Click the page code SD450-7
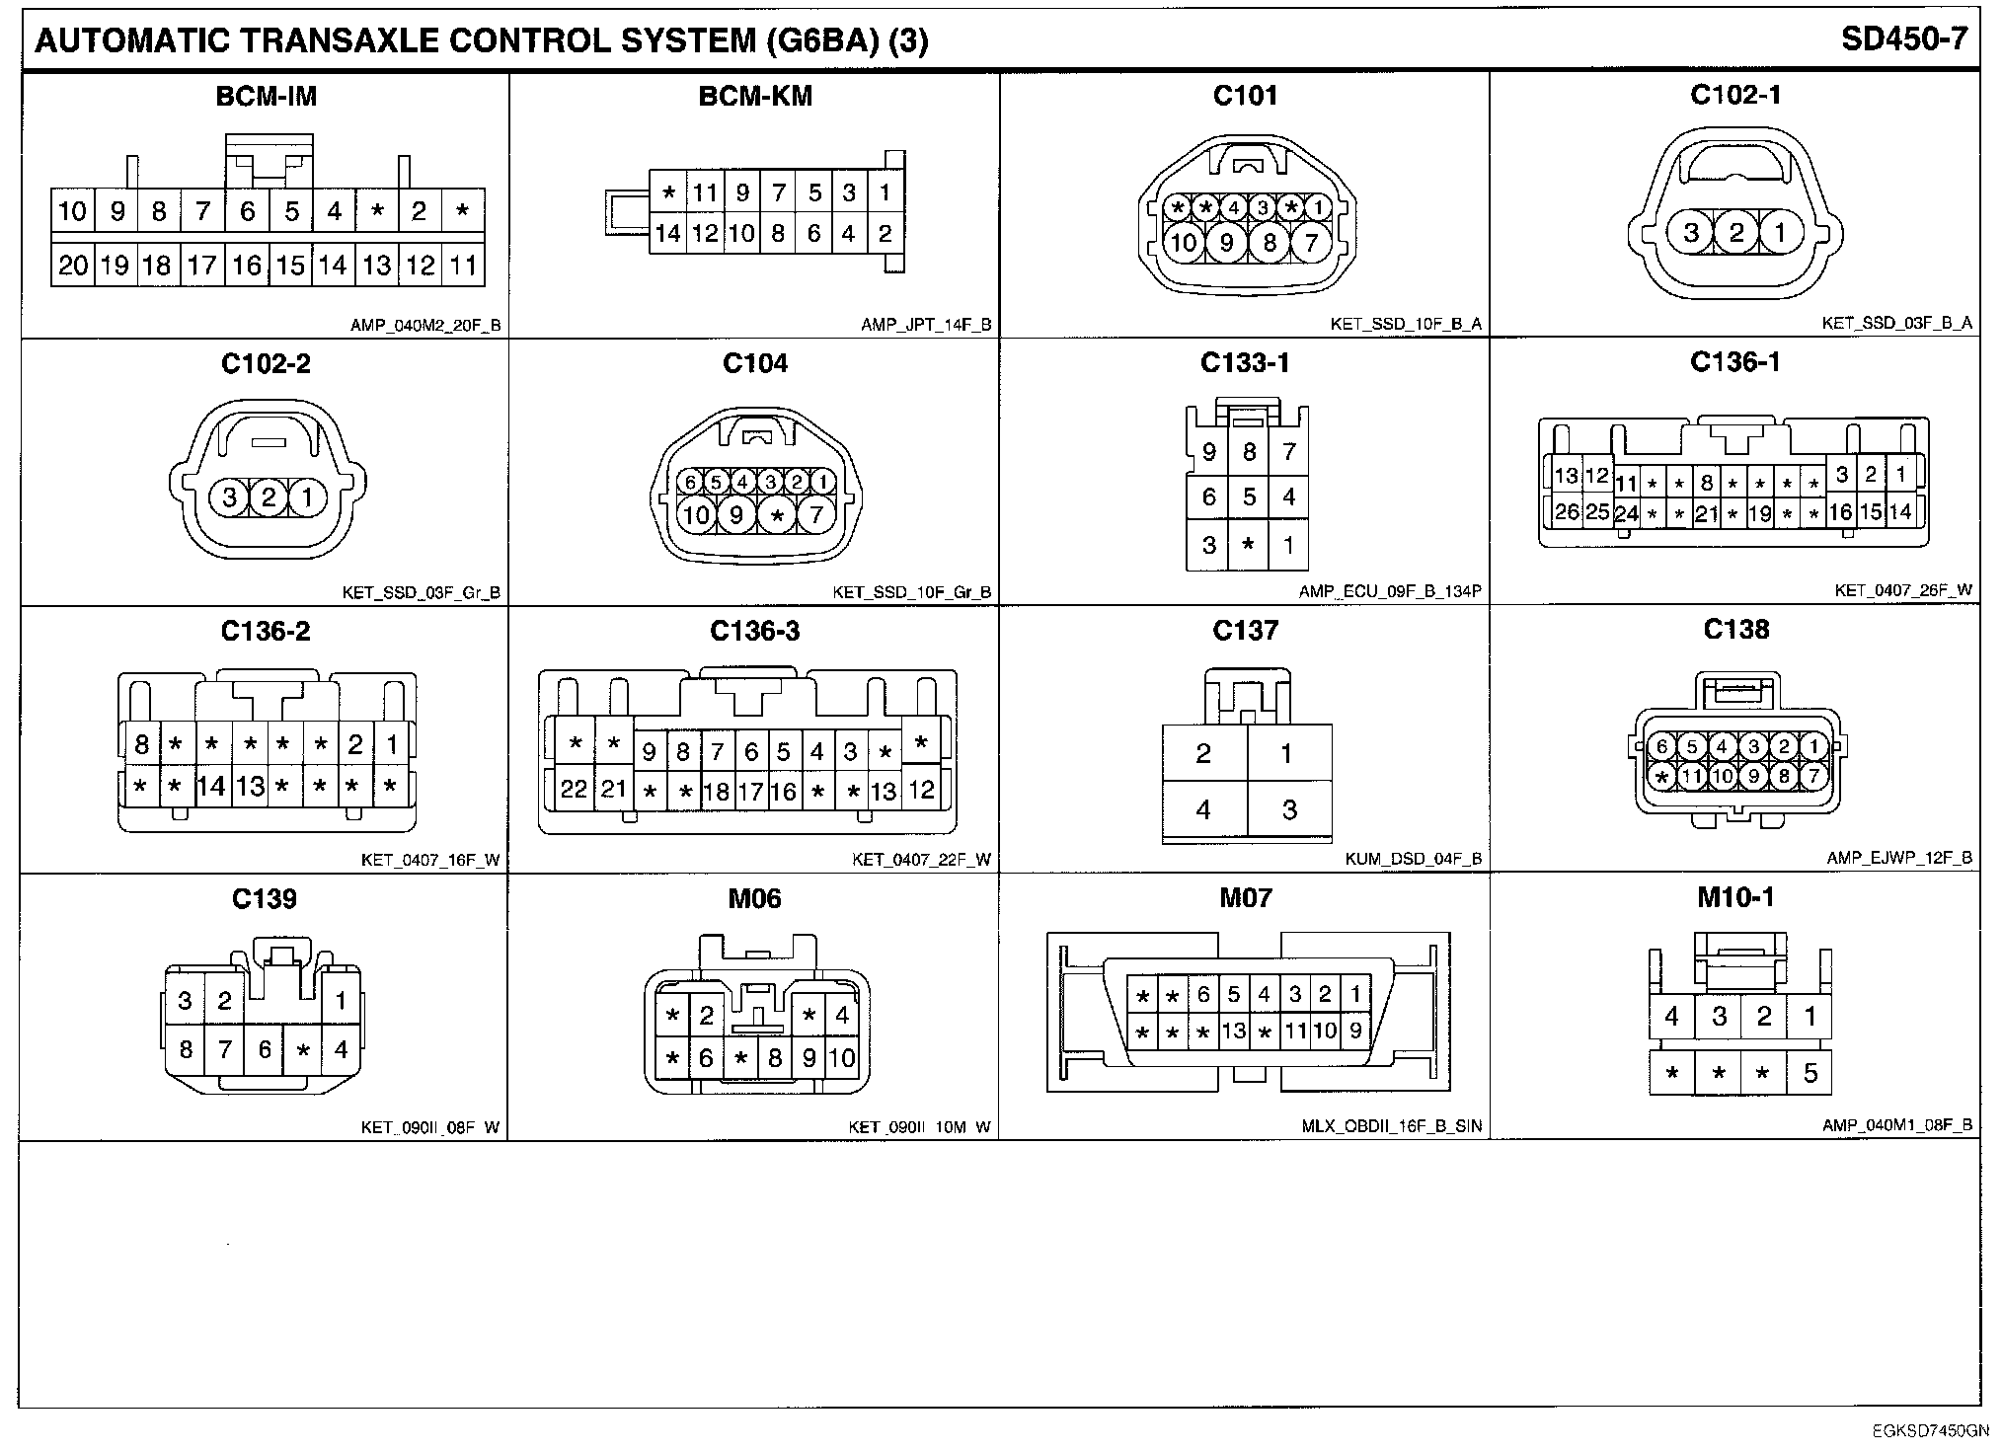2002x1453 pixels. click(1904, 39)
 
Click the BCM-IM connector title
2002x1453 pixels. click(267, 97)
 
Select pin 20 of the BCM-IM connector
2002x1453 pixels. click(73, 265)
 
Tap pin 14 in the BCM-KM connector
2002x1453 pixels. click(668, 234)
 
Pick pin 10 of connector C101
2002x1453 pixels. click(1184, 242)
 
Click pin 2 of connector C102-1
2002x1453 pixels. click(1736, 233)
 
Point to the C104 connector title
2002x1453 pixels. click(755, 364)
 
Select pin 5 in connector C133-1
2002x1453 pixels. click(1249, 497)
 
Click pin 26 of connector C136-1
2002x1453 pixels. click(1567, 512)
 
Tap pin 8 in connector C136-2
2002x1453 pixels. click(142, 744)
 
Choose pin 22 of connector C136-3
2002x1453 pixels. click(574, 789)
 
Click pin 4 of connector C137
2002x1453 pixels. click(1203, 810)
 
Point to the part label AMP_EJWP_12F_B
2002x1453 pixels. click(1899, 859)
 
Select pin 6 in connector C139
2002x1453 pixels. click(265, 1048)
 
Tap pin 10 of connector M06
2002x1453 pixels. click(842, 1058)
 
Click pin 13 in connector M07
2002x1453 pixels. click(1234, 1032)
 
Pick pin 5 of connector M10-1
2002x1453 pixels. click(1809, 1073)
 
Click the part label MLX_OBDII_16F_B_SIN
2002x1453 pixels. click(1392, 1126)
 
